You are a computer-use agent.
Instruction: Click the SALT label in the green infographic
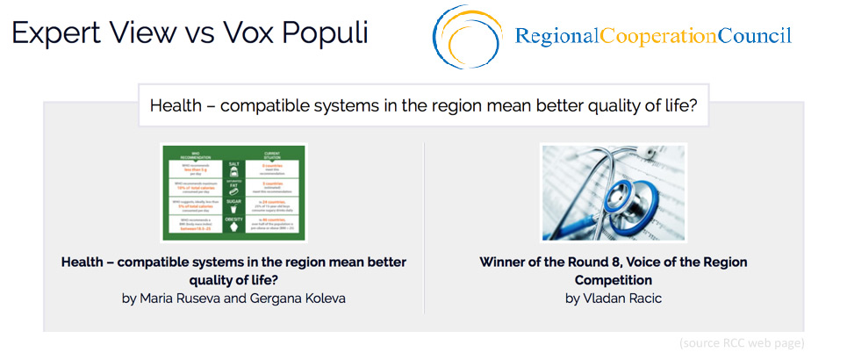pos(233,164)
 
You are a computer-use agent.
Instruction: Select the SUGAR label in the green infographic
pos(233,200)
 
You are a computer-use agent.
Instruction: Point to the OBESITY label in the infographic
pos(233,219)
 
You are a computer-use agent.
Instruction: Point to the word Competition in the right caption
pos(614,280)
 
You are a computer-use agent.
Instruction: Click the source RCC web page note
pos(742,342)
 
